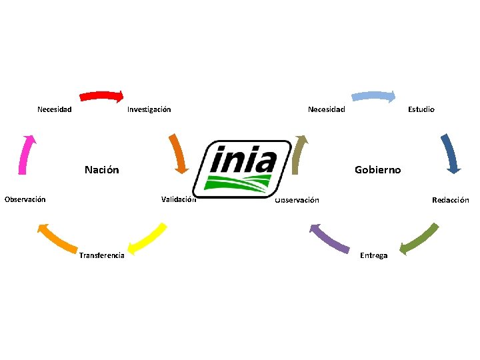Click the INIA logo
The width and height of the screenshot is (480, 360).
click(243, 169)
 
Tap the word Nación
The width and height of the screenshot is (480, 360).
click(102, 170)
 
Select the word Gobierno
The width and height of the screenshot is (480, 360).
click(378, 170)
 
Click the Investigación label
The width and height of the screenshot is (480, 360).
click(149, 109)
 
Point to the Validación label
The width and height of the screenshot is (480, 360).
click(178, 199)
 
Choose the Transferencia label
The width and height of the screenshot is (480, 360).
click(101, 255)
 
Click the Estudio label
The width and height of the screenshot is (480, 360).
click(421, 109)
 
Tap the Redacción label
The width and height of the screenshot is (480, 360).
click(450, 200)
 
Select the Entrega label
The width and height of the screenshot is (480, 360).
click(373, 255)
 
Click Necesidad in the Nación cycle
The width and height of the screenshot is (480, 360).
click(55, 109)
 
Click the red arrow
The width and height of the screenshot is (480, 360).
click(102, 95)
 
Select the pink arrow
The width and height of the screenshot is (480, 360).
click(27, 154)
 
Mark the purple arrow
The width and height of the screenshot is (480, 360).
click(331, 238)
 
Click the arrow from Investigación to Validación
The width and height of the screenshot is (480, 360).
click(178, 154)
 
